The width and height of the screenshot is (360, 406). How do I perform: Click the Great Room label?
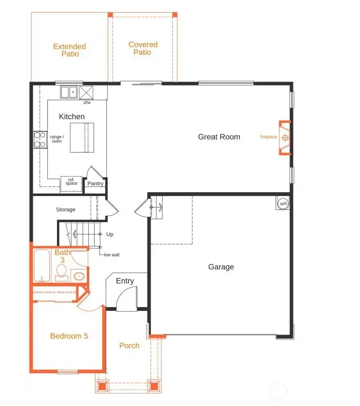219,137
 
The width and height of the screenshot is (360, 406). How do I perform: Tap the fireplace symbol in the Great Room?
285,138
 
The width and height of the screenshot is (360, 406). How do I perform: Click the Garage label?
221,267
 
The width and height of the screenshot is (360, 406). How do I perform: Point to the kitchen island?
82,138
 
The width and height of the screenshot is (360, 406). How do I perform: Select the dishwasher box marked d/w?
87,92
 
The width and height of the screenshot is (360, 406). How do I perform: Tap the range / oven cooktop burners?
39,139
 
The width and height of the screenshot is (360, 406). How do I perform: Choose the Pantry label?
95,183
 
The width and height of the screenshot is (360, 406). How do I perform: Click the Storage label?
66,210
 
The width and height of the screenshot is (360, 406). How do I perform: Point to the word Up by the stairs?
110,234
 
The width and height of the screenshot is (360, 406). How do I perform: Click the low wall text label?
111,254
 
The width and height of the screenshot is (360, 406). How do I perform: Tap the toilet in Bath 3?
61,273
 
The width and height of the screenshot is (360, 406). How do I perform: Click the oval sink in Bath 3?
78,277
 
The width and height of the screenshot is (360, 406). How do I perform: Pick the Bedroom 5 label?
69,336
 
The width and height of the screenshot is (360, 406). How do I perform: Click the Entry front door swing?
127,298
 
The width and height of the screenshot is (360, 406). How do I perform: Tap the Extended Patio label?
69,50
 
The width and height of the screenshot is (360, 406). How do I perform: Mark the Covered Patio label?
143,48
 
